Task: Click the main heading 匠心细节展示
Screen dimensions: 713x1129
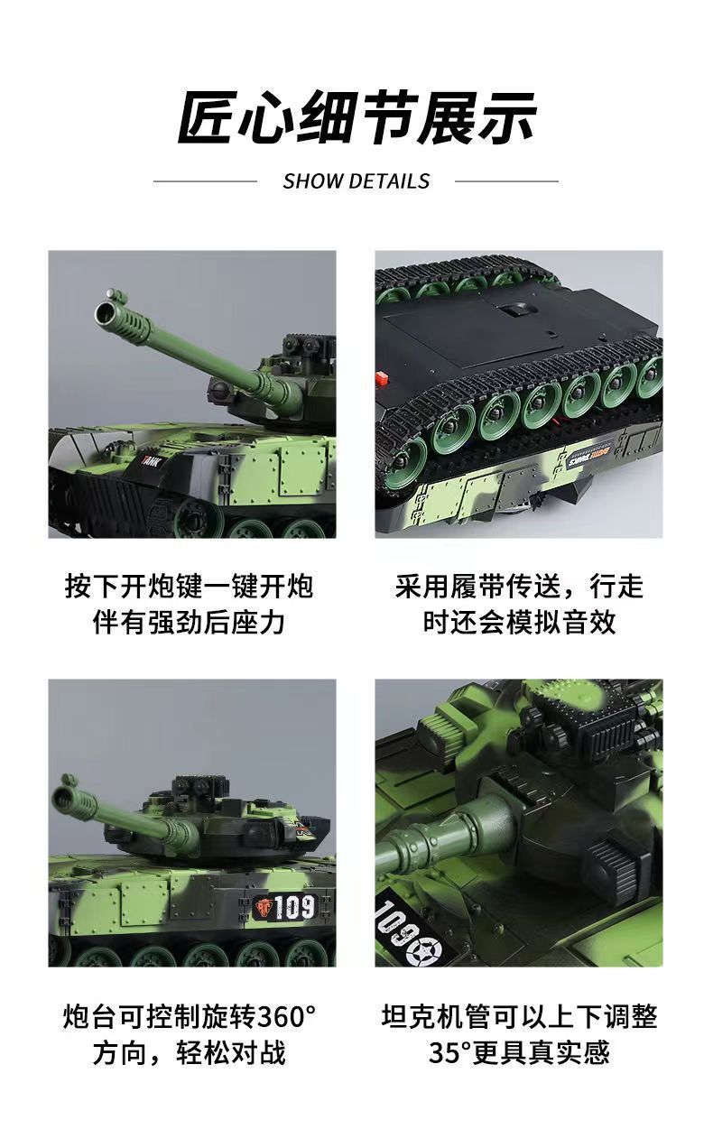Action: coord(356,118)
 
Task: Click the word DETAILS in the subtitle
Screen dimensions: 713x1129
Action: coord(389,180)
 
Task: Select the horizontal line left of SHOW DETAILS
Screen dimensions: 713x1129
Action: coord(205,180)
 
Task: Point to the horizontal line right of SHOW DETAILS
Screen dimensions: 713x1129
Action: coord(506,180)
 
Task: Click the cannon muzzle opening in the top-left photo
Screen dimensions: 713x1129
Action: coord(105,314)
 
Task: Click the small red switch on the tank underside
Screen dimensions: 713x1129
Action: coord(381,377)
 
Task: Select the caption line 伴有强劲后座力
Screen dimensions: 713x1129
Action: coord(189,623)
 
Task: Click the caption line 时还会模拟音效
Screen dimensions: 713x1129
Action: coord(519,623)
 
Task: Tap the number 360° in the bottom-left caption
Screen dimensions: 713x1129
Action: coord(286,1016)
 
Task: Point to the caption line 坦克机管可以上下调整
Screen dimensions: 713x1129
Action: coord(519,1016)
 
